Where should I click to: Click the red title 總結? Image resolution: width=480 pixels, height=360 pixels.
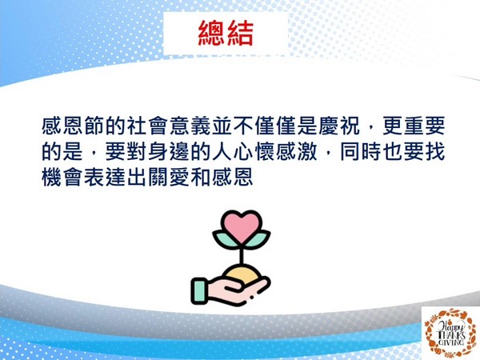(226, 34)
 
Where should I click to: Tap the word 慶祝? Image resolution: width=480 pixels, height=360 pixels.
(339, 126)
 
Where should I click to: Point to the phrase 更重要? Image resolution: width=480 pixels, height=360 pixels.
(414, 126)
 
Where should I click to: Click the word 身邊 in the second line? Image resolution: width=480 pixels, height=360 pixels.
(169, 151)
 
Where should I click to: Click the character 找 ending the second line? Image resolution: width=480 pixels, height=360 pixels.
(435, 151)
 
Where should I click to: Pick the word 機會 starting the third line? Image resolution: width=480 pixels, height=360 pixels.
(62, 177)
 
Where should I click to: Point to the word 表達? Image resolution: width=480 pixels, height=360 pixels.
(105, 177)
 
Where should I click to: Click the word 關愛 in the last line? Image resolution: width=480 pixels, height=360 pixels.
(169, 177)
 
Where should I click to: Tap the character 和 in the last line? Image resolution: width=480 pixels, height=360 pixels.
(201, 177)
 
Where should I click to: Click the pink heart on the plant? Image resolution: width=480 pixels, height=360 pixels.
(242, 226)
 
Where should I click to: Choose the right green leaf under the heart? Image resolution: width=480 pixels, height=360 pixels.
(258, 239)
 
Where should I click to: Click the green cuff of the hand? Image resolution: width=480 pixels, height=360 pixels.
(199, 291)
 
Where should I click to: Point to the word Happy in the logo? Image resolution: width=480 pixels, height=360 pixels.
(450, 326)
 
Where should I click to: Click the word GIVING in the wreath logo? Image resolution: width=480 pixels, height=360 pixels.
(452, 342)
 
